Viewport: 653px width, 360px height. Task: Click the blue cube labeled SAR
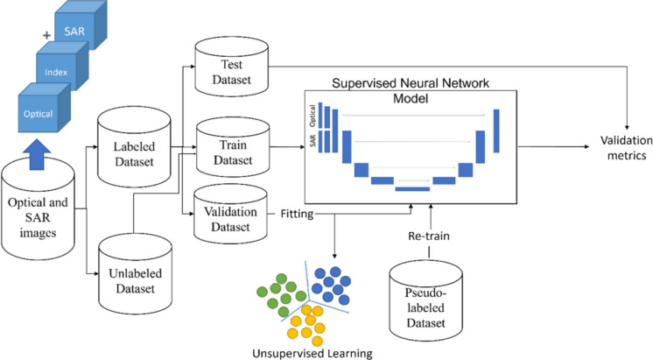click(81, 25)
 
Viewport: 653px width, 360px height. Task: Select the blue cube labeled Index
click(61, 67)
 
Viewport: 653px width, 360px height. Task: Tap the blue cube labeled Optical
click(44, 108)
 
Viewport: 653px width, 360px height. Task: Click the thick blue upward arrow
click(38, 154)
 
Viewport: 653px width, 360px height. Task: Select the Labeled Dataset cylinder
click(134, 146)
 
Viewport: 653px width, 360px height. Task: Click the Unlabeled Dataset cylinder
click(136, 274)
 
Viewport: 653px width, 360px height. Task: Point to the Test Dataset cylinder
click(232, 67)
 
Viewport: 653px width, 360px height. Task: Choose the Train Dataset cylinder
click(233, 147)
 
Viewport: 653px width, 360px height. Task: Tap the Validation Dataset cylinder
click(230, 215)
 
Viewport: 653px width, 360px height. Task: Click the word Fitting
click(297, 215)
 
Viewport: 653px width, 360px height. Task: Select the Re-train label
click(429, 236)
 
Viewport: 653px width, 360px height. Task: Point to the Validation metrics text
click(627, 147)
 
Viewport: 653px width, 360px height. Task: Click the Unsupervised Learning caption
click(312, 354)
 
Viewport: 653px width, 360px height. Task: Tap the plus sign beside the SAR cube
click(46, 35)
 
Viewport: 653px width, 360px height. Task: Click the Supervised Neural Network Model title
click(411, 90)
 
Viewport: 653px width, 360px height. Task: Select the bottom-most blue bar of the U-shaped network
click(412, 189)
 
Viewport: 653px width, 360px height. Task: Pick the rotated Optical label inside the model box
click(312, 116)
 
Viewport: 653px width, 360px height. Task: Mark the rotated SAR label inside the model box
click(312, 140)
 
